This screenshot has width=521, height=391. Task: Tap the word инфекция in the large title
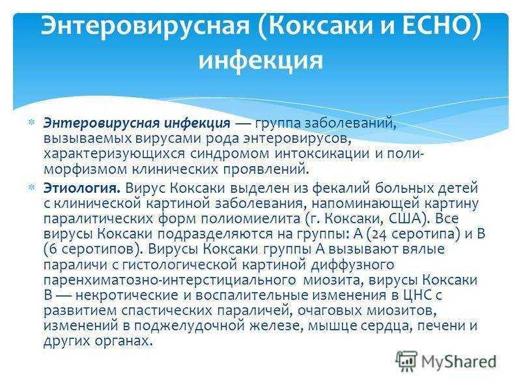pos(261,60)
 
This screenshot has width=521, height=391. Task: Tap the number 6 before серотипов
pos(53,250)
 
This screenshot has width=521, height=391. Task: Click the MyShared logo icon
pos(406,360)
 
